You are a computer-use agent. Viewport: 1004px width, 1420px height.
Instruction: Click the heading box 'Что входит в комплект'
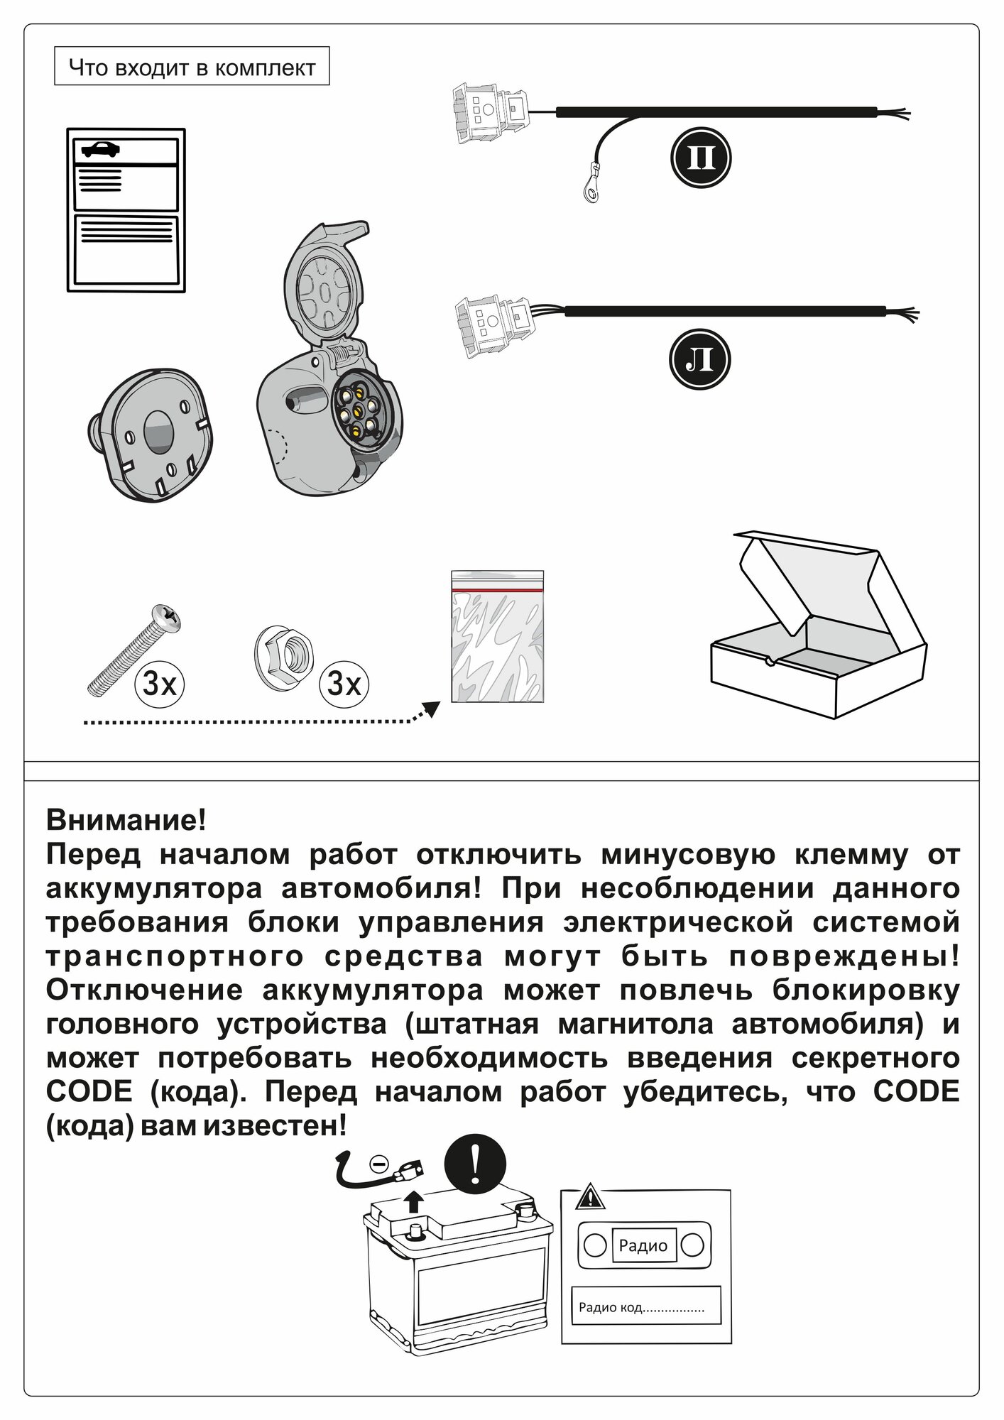pos(192,67)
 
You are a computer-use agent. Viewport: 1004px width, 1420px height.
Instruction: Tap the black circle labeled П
pos(700,158)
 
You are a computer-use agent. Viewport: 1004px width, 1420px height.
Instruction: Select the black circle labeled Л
pos(700,359)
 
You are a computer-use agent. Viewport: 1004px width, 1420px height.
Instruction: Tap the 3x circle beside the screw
pos(159,684)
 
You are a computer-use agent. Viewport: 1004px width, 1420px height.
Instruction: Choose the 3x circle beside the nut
pos(344,684)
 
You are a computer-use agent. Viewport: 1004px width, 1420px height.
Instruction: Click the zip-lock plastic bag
pos(497,636)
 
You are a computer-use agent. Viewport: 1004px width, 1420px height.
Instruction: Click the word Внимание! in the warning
pos(126,820)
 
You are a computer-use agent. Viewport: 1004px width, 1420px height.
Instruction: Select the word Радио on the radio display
pos(643,1245)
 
